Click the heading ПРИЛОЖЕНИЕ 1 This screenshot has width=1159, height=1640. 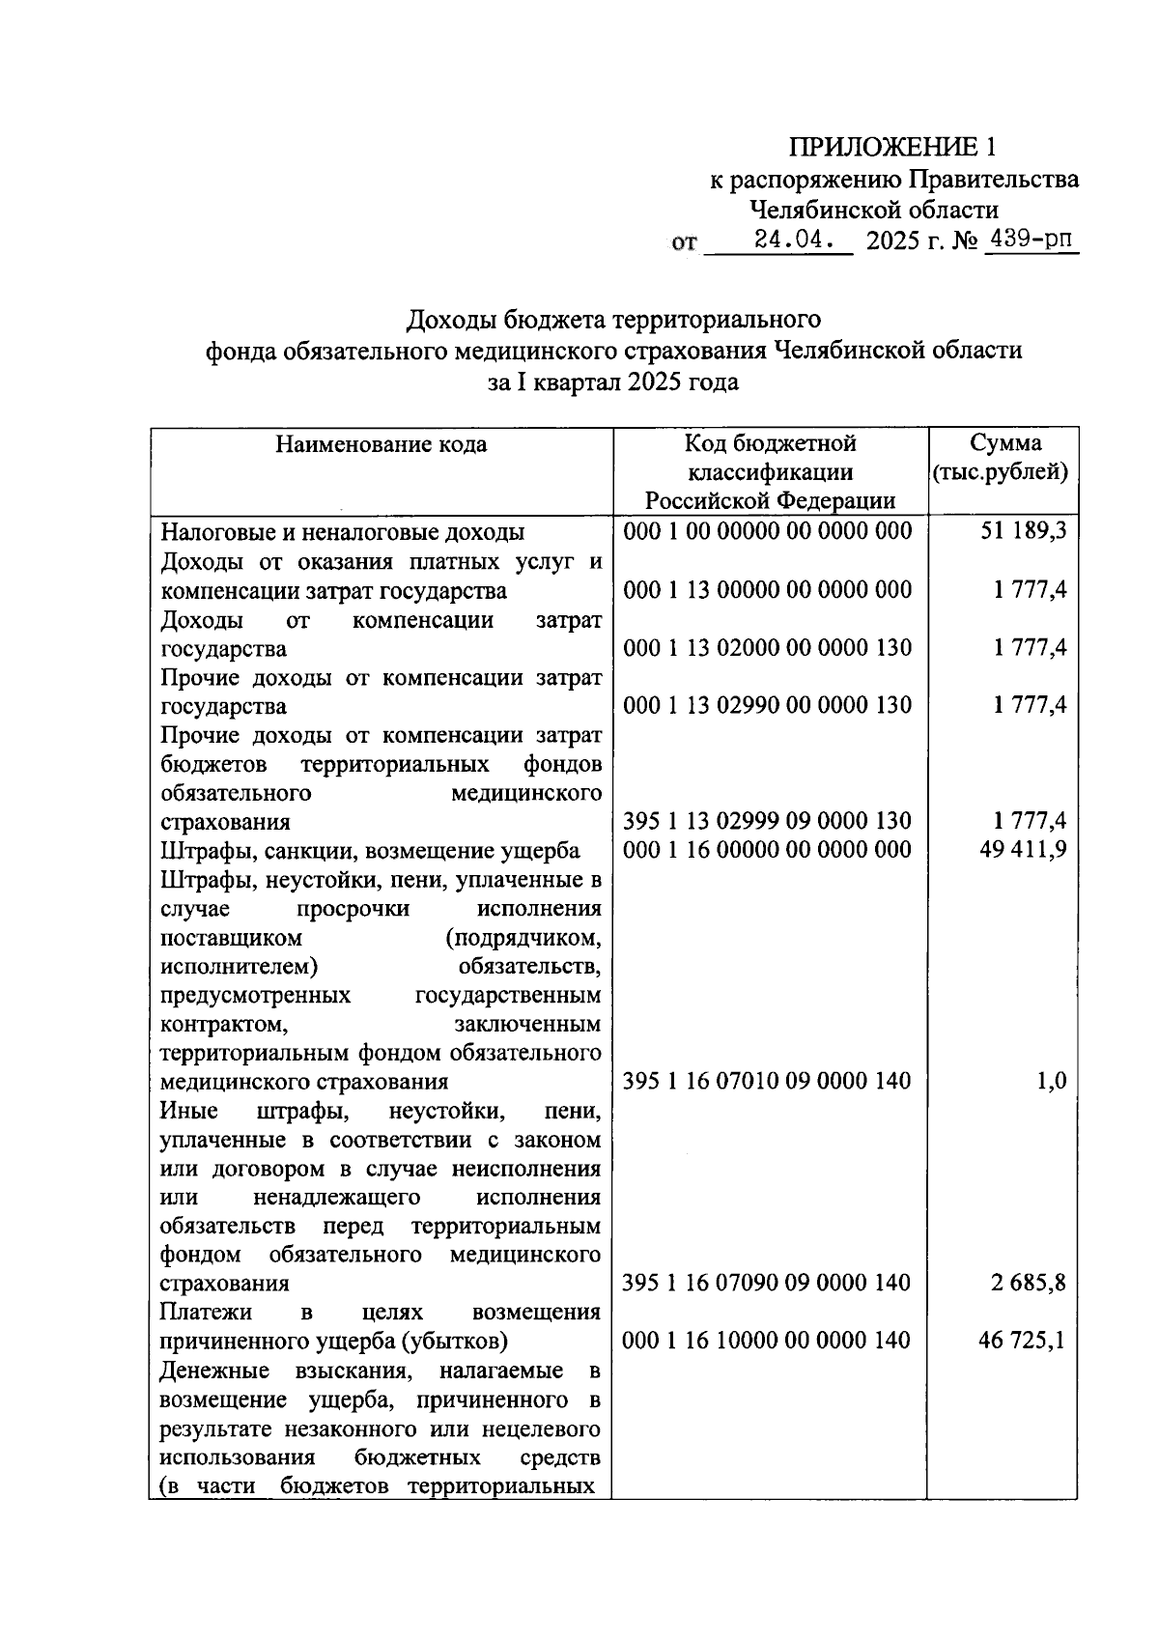pyautogui.click(x=891, y=147)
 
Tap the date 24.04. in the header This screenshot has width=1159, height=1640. pyautogui.click(x=794, y=240)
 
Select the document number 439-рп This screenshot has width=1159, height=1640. pyautogui.click(x=1030, y=240)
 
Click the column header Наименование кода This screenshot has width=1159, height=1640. pyautogui.click(x=382, y=444)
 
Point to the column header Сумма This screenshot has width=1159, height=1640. pyautogui.click(x=1004, y=443)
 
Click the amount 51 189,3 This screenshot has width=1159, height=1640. pyautogui.click(x=1023, y=532)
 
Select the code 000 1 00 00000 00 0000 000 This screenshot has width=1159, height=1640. pyautogui.click(x=767, y=532)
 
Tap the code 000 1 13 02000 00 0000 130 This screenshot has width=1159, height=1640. pyautogui.click(x=767, y=648)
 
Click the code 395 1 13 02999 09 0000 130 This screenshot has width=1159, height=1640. pyautogui.click(x=767, y=821)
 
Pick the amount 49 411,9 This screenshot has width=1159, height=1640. pyautogui.click(x=1023, y=850)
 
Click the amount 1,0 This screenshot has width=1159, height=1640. pyautogui.click(x=1051, y=1081)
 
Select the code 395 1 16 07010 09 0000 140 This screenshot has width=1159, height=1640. pyautogui.click(x=767, y=1081)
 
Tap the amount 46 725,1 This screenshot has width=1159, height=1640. pyautogui.click(x=1023, y=1341)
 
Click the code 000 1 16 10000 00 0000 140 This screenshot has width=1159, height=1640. pyautogui.click(x=767, y=1341)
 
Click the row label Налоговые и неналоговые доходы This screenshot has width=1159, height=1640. pyautogui.click(x=343, y=532)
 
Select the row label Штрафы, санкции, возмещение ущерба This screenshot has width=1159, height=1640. pyautogui.click(x=370, y=850)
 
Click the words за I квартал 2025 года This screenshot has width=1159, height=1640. pyautogui.click(x=612, y=382)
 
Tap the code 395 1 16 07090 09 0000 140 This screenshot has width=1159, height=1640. pyautogui.click(x=767, y=1284)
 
